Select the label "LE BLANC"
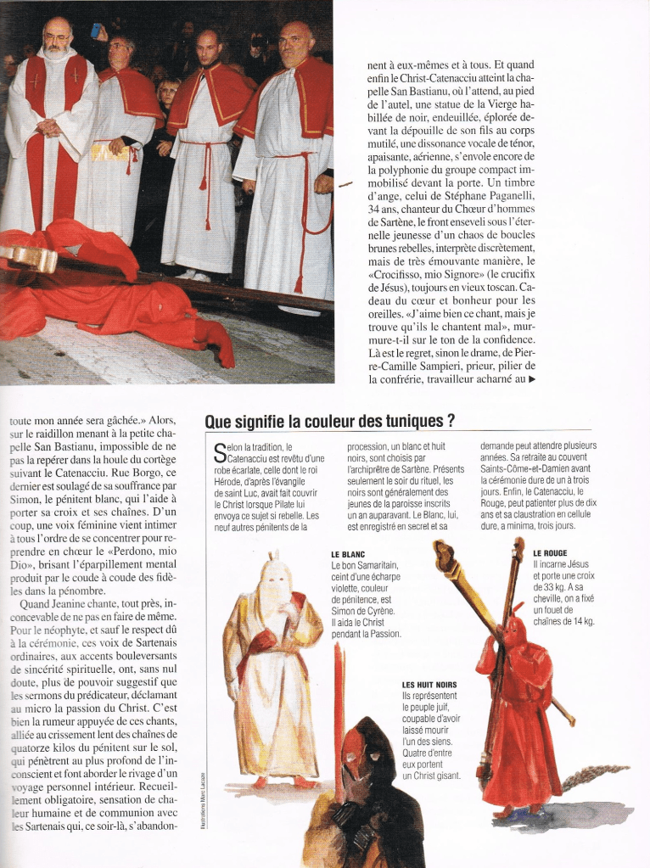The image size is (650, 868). [348, 554]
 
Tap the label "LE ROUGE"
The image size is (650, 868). [550, 553]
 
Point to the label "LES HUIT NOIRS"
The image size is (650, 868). [429, 685]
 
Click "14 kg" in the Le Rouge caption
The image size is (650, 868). [582, 621]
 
